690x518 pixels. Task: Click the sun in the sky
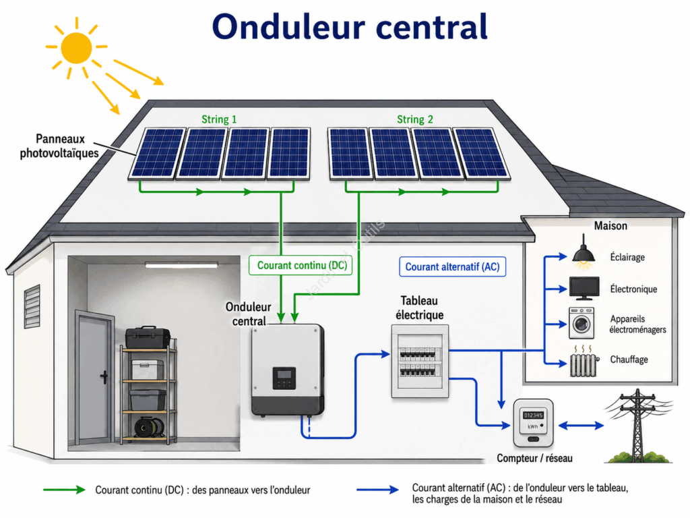(77, 47)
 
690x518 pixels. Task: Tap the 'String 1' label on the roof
(219, 119)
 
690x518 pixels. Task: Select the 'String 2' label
(415, 119)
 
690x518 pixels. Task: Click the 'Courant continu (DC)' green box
(301, 266)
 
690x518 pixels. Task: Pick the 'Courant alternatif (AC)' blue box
(452, 267)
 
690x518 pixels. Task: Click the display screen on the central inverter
(284, 375)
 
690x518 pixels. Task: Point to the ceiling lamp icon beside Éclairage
(584, 252)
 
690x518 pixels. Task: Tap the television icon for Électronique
(584, 289)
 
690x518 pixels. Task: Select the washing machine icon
(582, 323)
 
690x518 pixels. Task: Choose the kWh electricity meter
(533, 424)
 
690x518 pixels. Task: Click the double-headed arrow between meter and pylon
(581, 426)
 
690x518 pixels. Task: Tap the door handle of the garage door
(104, 377)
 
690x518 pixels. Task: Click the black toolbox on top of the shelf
(148, 338)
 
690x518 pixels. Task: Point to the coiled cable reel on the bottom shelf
(149, 427)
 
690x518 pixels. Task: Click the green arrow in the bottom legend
(64, 490)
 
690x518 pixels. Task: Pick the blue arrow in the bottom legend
(377, 490)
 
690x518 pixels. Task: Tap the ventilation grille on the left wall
(32, 306)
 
